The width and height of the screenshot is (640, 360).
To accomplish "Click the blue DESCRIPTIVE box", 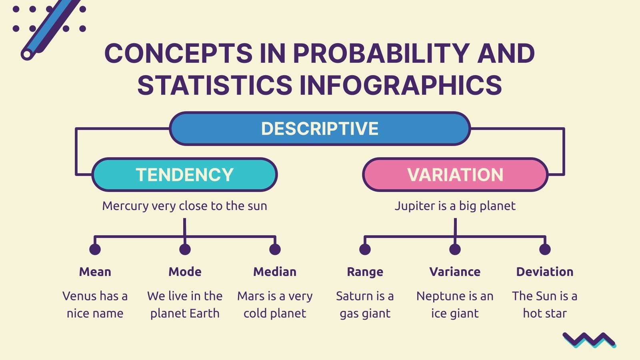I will [x=320, y=128].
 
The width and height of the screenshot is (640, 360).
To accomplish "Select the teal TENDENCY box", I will [x=184, y=175].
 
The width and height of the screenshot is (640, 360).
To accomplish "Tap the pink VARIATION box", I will [x=455, y=175].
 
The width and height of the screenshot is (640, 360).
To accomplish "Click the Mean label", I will [x=95, y=272].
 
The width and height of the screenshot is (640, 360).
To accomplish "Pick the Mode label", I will [x=185, y=272].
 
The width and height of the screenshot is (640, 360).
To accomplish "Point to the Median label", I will [x=275, y=272].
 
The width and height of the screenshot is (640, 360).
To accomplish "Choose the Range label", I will [x=365, y=272].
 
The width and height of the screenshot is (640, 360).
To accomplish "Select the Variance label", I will [x=455, y=272].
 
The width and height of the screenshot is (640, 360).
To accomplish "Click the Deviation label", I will [x=545, y=272].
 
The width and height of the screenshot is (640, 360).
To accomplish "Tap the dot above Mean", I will [x=95, y=249].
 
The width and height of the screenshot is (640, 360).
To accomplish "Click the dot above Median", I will [x=275, y=249].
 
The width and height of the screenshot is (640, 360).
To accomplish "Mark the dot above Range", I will [x=365, y=249].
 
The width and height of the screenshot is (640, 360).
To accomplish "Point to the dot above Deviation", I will [x=545, y=249].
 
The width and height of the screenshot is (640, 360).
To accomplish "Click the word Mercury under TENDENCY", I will [x=125, y=206].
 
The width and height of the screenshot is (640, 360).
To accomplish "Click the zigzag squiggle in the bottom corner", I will [x=589, y=340].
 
